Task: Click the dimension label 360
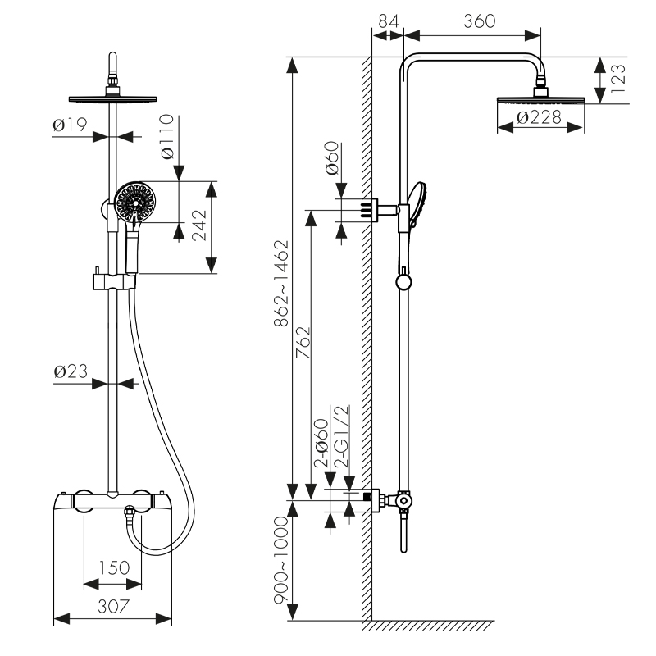[x=480, y=22]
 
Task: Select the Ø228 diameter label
[x=539, y=118]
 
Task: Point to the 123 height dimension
[x=617, y=80]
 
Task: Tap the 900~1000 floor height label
[x=282, y=562]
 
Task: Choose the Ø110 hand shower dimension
[x=166, y=137]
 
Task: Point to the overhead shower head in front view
[x=113, y=95]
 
